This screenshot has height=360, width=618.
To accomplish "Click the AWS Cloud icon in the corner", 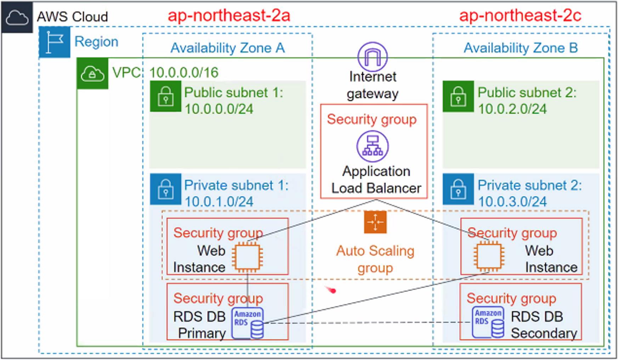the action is click(x=17, y=17).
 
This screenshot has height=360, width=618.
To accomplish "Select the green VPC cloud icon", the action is click(x=92, y=73).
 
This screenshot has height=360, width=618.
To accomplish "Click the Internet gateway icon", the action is click(x=373, y=57).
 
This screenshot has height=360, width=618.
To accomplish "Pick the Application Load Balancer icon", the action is click(x=373, y=146).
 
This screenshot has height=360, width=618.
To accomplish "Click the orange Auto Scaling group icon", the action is click(x=375, y=222).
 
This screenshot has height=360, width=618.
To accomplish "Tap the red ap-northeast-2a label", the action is click(x=229, y=16).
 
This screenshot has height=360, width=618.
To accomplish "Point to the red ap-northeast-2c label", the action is click(x=520, y=16).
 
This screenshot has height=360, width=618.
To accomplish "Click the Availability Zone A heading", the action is click(x=228, y=48).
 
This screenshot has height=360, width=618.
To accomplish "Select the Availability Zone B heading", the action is click(x=521, y=48).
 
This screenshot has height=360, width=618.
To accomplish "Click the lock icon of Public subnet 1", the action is click(x=166, y=96).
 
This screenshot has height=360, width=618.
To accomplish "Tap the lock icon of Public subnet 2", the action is click(x=458, y=96).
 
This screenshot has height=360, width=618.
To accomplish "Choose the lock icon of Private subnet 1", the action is click(x=166, y=189).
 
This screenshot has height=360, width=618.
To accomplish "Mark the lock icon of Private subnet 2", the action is click(x=458, y=189).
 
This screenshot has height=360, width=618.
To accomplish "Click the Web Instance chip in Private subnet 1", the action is click(x=248, y=257).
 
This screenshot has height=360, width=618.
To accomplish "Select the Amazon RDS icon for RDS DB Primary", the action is click(x=248, y=323).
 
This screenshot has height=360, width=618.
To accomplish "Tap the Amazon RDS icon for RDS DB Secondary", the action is click(x=488, y=322).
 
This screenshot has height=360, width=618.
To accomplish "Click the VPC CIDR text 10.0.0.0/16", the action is click(x=184, y=73).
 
